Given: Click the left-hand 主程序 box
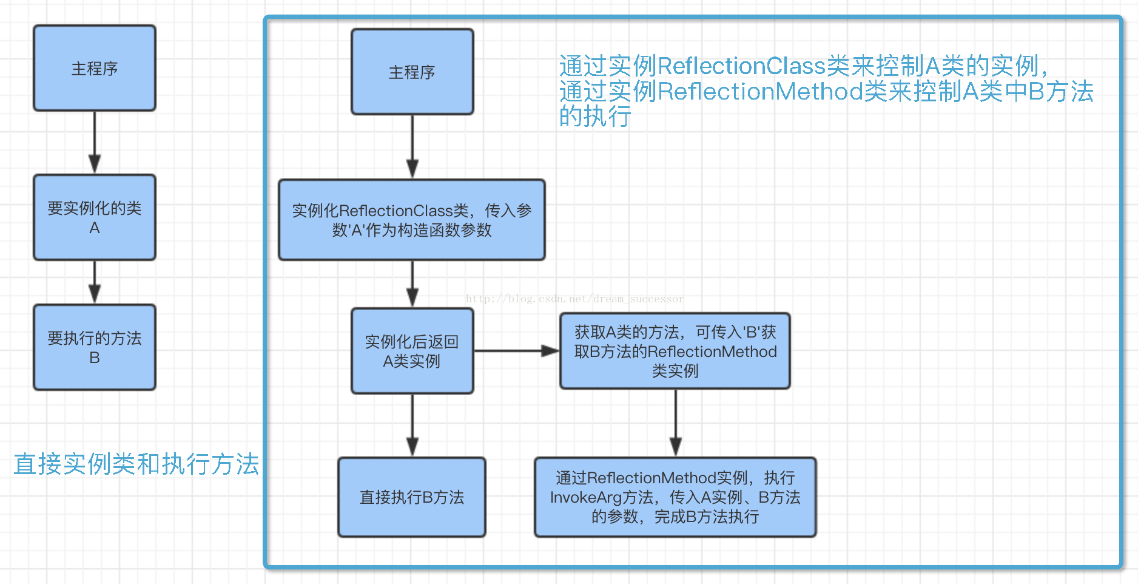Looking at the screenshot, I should (95, 68).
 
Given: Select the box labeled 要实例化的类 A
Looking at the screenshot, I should (95, 217).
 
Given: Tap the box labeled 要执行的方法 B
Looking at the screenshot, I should (95, 347).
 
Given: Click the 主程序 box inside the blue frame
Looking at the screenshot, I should (412, 72).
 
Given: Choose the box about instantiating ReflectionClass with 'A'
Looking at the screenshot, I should (412, 220).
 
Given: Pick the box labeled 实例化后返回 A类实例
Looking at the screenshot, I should (412, 351).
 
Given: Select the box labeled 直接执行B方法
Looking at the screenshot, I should (412, 497).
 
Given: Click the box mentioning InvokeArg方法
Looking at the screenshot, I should (675, 497).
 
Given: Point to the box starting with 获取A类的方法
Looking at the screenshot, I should (675, 351).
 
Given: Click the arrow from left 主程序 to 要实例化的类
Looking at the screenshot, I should (95, 143).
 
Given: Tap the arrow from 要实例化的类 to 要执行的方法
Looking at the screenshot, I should (95, 282).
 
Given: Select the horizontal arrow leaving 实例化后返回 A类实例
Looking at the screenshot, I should (516, 351).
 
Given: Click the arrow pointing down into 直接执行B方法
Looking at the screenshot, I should (412, 425).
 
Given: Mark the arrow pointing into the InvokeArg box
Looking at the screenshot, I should (676, 423).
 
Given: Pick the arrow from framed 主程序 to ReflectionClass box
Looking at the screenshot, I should (412, 146).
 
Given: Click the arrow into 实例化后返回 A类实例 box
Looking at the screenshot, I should (412, 284).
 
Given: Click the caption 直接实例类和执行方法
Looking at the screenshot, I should (136, 464).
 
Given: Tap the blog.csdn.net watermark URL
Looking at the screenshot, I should (574, 299).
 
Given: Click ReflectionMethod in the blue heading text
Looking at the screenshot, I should (761, 92).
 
